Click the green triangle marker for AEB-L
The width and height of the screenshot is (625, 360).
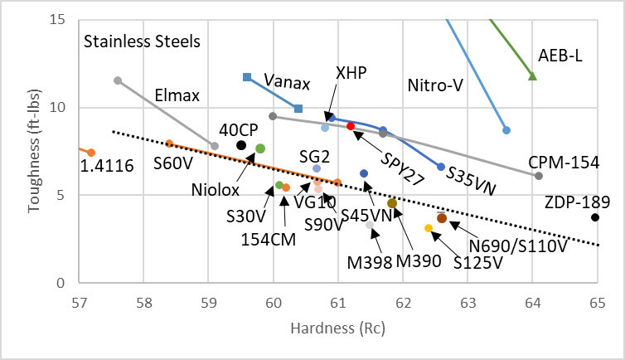533,76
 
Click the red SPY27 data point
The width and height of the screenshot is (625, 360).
351,126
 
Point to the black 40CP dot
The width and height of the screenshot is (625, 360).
241,145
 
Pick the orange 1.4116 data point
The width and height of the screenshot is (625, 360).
91,153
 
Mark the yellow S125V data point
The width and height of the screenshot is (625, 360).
429,228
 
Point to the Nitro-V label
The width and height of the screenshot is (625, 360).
437,85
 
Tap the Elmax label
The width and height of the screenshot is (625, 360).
177,95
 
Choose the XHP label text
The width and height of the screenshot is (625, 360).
351,74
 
